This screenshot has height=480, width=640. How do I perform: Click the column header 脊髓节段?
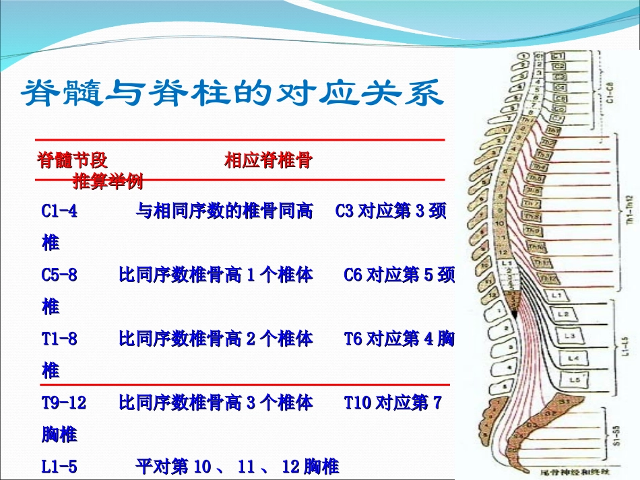pos(73,160)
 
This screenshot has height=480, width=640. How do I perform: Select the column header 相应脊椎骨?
pos(267,160)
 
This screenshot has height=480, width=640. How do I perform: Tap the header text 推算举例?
pos(108,180)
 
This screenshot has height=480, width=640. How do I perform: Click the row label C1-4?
pos(59,211)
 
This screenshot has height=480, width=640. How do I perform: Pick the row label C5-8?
pos(59,275)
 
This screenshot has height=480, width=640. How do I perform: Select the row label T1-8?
pos(59,339)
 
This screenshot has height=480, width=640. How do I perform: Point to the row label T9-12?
pos(64,403)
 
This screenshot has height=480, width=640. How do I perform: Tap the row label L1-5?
pos(59,466)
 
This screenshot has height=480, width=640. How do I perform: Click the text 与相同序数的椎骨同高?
pos(224,211)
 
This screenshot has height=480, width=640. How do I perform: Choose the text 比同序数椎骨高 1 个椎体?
pos(216,275)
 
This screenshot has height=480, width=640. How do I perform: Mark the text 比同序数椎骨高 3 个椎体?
pos(216,403)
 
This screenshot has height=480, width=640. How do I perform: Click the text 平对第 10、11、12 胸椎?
pos(237,466)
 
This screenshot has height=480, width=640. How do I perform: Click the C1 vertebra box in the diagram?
pos(558,57)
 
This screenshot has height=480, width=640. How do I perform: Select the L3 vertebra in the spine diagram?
pos(570,335)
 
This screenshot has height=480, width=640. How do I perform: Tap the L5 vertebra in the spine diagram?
pos(575,380)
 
